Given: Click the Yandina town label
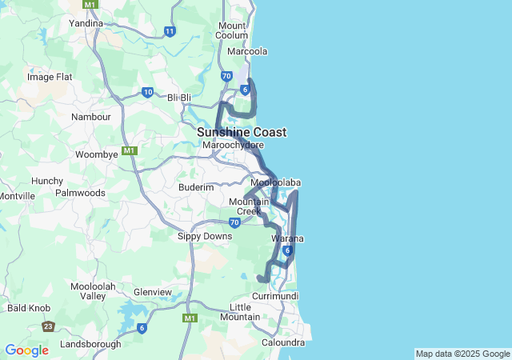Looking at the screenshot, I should coord(86,23).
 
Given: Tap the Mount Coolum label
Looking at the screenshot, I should coord(232,30).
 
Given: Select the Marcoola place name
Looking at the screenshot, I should coord(247,51).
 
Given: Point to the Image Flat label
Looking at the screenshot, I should coord(50,77).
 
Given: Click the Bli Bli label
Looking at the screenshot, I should coord(180,98).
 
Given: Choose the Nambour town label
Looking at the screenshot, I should coord(91,117).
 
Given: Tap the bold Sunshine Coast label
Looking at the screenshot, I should coord(242,132).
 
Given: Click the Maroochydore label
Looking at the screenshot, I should coord(234,146).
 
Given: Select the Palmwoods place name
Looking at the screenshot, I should coord(80,193).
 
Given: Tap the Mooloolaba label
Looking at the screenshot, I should coord(275,183).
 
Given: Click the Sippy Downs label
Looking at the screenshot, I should coord(205,236).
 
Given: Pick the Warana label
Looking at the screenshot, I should coord(287,239).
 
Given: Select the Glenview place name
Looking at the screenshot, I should coord(153,292).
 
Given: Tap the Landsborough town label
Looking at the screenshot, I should coord(90,344).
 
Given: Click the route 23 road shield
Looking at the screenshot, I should coord(49,326).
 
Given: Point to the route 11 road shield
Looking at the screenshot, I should coord(170,32).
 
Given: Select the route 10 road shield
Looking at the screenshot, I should coord(148,92).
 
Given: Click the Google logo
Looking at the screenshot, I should coord(26,350).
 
